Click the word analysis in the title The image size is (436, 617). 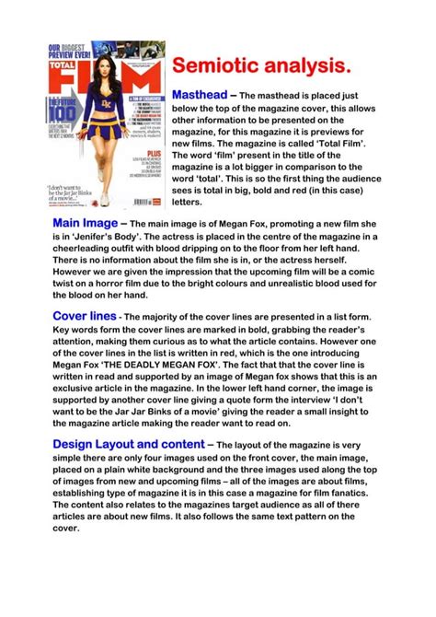click(310, 66)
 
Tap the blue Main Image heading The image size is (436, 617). click(86, 224)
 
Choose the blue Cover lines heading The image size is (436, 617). click(84, 316)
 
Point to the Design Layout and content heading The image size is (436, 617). click(123, 445)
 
